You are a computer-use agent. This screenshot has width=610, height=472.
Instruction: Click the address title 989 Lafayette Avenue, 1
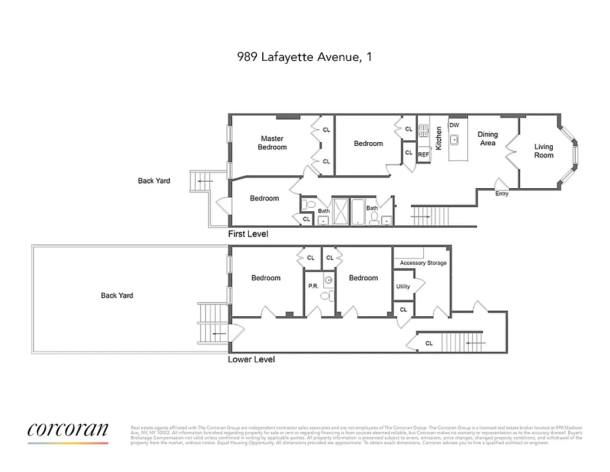[304, 57]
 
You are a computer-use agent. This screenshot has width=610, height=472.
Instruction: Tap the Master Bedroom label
[272, 143]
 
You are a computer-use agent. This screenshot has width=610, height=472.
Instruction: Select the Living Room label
[543, 151]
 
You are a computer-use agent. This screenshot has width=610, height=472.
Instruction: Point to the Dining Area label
[487, 139]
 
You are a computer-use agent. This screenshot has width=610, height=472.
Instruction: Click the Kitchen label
[438, 139]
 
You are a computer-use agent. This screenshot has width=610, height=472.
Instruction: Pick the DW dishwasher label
[454, 125]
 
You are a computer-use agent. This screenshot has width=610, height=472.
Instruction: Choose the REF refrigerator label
[423, 155]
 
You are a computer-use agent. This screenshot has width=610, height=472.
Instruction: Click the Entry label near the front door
[502, 194]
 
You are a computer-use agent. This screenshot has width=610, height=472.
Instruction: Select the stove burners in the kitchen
[423, 130]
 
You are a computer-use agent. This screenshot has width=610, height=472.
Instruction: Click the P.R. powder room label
[313, 286]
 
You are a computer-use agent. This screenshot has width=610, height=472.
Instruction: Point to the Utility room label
[403, 287]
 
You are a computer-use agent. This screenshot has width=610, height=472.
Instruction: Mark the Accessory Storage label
[423, 263]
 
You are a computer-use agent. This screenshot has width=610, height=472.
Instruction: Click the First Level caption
[248, 234]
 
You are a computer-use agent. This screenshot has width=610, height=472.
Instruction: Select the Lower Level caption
[251, 359]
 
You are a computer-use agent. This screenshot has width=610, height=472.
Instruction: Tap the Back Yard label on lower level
[117, 296]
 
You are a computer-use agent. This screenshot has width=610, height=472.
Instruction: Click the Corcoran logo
[68, 430]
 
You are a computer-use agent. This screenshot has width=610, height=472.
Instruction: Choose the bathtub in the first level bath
[358, 212]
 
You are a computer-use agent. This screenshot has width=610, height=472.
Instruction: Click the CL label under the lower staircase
[429, 343]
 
